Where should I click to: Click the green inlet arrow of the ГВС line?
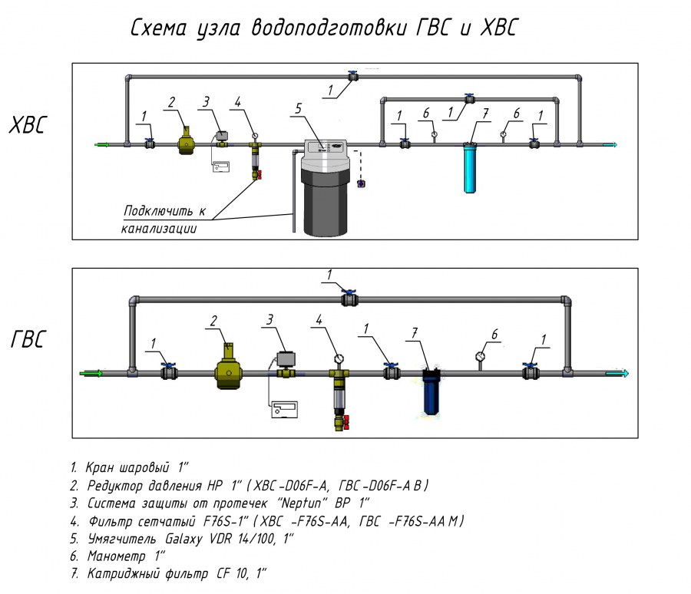[91, 374]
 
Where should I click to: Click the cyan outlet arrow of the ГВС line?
[617, 374]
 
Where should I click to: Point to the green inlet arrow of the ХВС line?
[101, 144]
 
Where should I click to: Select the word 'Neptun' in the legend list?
[314, 503]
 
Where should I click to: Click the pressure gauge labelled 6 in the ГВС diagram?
[481, 356]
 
